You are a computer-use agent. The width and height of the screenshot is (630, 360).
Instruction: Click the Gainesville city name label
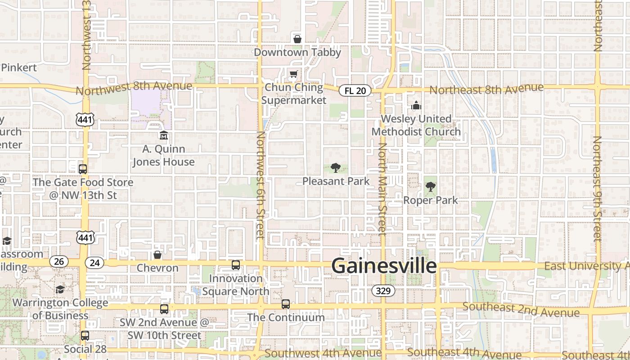tap(384, 266)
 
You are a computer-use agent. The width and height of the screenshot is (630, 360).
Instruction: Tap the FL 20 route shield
tap(355, 90)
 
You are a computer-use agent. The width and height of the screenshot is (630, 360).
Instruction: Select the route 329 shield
tap(383, 291)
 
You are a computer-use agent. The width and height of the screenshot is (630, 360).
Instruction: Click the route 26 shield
tap(59, 261)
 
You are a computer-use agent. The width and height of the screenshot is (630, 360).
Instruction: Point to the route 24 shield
tap(94, 263)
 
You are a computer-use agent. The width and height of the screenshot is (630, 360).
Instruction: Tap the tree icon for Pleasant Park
tap(335, 168)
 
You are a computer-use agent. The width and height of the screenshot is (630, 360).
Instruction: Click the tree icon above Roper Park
tap(431, 187)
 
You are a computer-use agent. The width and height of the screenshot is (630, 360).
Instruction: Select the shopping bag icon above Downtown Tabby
tap(297, 39)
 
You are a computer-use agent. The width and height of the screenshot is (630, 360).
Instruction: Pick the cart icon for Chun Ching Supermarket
tap(293, 74)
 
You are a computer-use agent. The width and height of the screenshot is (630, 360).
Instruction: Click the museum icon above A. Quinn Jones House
tap(163, 135)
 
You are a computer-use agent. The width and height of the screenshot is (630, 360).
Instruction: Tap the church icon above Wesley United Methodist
tap(416, 106)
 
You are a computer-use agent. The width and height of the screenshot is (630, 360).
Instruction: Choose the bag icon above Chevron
tap(157, 255)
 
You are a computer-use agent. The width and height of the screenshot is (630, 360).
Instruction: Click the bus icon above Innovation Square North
tap(236, 265)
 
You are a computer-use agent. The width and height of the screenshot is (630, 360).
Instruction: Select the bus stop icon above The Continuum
tap(286, 304)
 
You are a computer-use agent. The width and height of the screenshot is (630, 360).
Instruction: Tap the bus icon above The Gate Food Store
tap(83, 169)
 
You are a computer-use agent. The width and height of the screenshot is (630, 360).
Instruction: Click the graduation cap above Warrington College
tap(60, 289)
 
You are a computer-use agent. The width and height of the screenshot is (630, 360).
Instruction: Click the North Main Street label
tap(382, 189)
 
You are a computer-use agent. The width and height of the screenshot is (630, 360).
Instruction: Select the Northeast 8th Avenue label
tap(486, 89)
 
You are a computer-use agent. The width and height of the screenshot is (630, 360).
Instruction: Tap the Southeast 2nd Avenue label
tap(521, 310)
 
